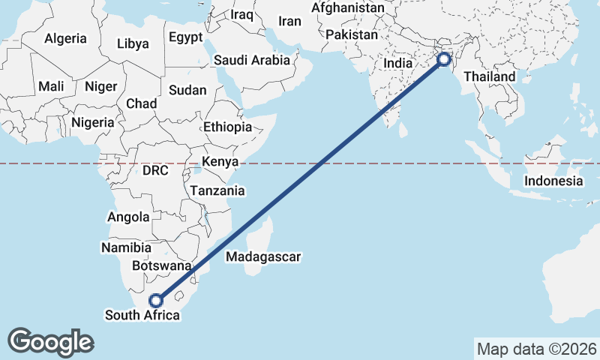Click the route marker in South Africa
point(155,301)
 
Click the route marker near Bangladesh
point(445,58)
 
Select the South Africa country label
point(142,316)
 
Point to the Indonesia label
point(553,181)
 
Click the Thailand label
point(489,76)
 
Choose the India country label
point(398,64)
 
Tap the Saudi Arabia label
point(251,60)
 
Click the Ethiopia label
point(228,127)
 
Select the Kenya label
point(220,161)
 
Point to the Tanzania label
point(217,190)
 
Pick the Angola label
point(129,217)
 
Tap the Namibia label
point(126,247)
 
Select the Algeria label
point(66,38)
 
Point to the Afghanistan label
point(347,8)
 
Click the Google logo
point(51,341)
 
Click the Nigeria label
point(93,122)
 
